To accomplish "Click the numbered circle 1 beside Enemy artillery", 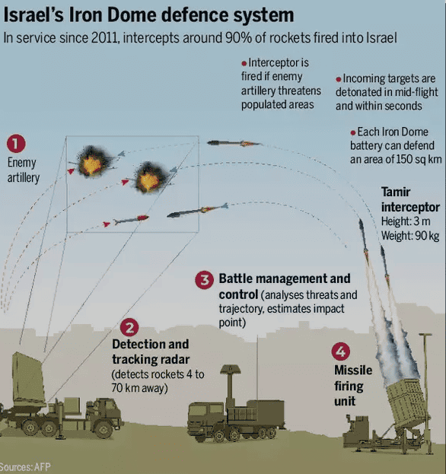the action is tap(16, 144).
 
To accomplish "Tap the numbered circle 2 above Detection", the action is tap(129, 327).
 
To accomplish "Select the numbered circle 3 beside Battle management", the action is tap(205, 280).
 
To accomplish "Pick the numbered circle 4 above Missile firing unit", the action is tap(341, 352).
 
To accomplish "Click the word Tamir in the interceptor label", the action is tap(396, 192).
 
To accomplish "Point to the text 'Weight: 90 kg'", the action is tap(410, 236).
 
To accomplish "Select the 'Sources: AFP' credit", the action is tap(25, 467).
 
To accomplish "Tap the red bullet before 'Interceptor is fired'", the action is tap(244, 63).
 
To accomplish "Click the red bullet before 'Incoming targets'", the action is tap(339, 79).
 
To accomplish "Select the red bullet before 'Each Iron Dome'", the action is tap(353, 132).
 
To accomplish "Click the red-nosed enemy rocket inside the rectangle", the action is tap(131, 220).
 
